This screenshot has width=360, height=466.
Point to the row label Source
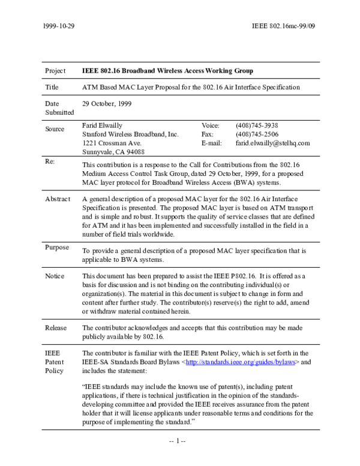click(x=55, y=129)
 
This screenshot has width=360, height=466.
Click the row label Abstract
click(x=58, y=199)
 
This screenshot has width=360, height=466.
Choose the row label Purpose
click(x=57, y=247)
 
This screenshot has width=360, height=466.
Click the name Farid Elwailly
click(x=101, y=125)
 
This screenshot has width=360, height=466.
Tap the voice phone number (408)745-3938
click(x=257, y=125)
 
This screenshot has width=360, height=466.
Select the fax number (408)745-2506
click(x=257, y=134)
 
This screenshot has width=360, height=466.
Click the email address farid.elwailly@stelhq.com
click(x=272, y=143)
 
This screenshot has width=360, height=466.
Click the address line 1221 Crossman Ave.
click(x=112, y=143)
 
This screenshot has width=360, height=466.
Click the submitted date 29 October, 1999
click(x=107, y=103)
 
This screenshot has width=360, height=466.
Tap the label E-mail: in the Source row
click(x=212, y=143)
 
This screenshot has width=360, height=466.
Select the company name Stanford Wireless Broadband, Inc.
click(x=130, y=134)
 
